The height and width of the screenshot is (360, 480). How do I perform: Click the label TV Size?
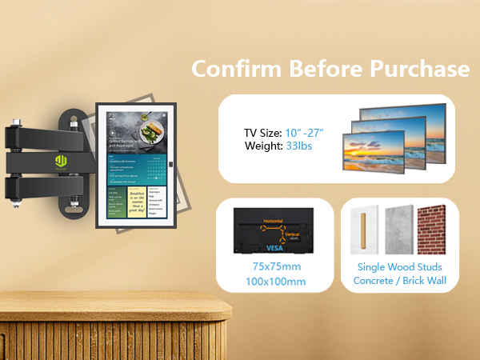pyautogui.click(x=263, y=132)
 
